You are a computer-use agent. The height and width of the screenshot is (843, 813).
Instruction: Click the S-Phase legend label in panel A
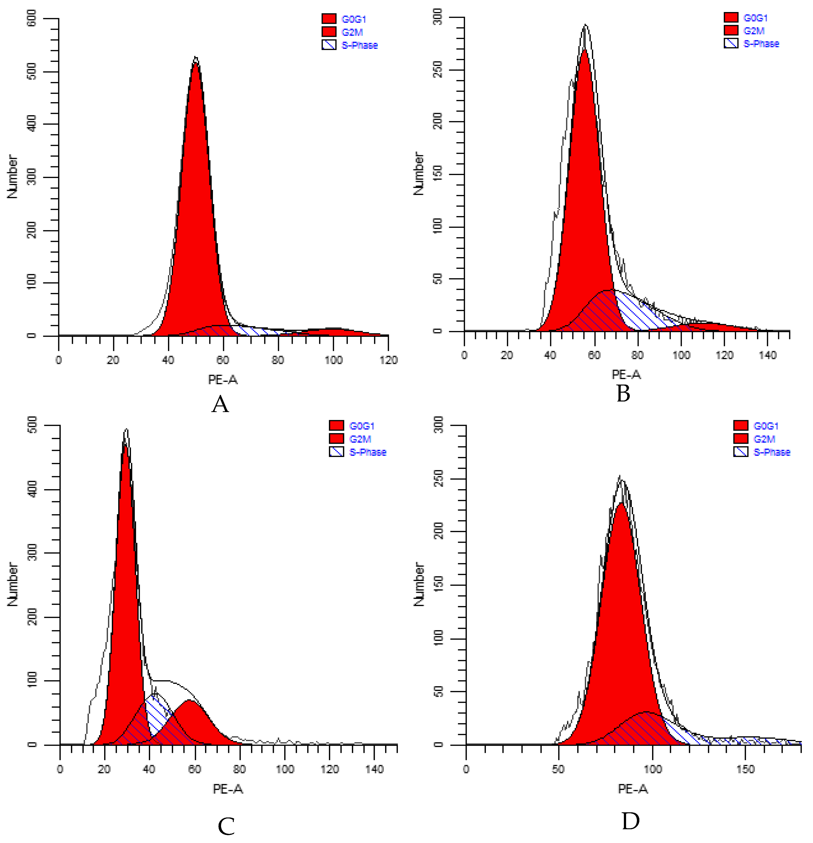tap(360, 45)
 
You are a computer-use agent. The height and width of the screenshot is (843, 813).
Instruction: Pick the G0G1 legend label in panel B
tap(755, 18)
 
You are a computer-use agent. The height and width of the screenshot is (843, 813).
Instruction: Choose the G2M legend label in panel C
tap(361, 439)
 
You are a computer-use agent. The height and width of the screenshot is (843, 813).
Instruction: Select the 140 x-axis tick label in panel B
tap(768, 355)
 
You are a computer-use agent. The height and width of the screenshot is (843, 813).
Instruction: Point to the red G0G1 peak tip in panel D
tap(621, 503)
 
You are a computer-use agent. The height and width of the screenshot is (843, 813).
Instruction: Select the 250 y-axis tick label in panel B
tap(437, 70)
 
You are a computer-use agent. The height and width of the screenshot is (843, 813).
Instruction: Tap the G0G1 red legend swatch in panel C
tap(336, 426)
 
